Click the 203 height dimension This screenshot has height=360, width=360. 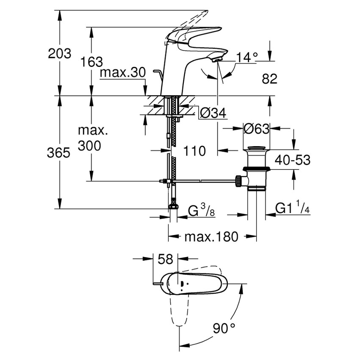[x=59, y=54]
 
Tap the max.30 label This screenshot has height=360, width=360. [x=123, y=73]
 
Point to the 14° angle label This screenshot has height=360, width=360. [x=247, y=57]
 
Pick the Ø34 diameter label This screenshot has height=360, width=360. [x=212, y=113]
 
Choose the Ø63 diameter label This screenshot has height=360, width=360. [x=256, y=128]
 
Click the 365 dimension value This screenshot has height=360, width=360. [x=59, y=152]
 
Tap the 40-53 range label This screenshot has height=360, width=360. [x=292, y=160]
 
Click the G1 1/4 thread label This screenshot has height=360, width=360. [x=293, y=209]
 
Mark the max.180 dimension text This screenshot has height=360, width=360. [x=211, y=236]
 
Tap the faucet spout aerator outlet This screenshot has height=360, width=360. [x=216, y=60]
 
